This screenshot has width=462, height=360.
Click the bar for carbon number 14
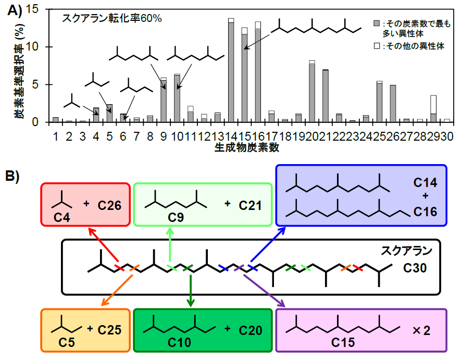(231, 70)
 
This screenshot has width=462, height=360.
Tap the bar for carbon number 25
(379, 102)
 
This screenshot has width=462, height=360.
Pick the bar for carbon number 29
(433, 109)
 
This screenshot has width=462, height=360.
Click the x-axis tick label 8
(150, 135)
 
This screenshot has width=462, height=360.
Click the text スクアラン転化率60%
(113, 18)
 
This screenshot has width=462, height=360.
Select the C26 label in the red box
(109, 205)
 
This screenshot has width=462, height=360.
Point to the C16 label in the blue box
(426, 213)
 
